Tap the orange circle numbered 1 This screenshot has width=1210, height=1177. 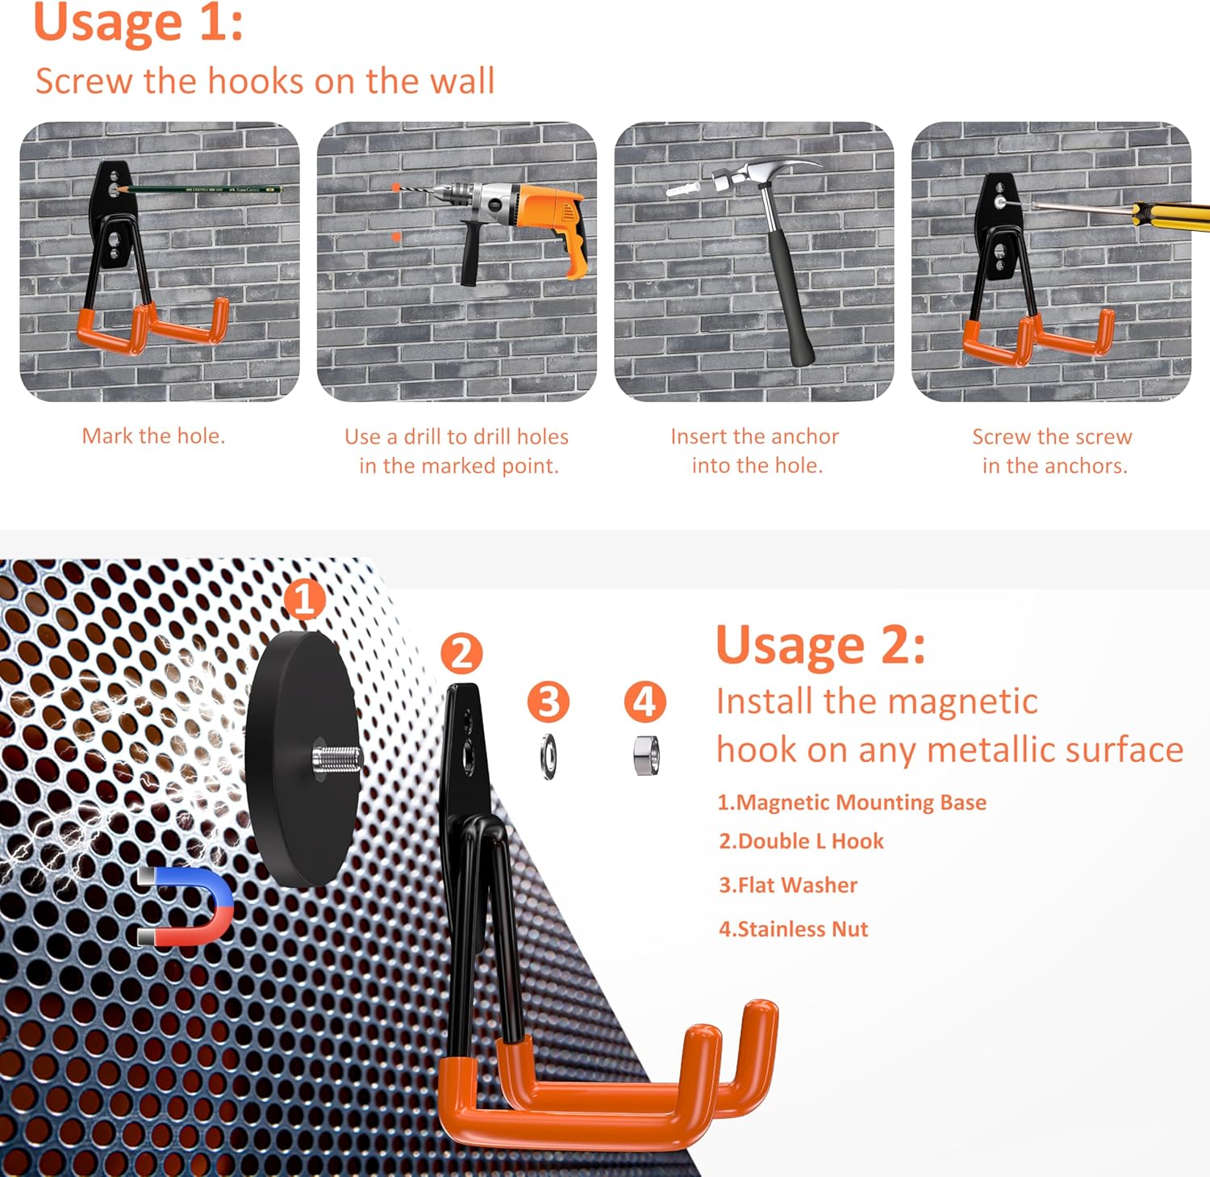(304, 599)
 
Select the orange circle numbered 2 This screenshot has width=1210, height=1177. (461, 653)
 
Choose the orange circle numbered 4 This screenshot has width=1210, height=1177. (645, 701)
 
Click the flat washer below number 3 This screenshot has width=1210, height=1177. (549, 756)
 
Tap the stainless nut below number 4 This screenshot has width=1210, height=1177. (646, 756)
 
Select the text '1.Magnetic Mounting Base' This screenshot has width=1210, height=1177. (852, 802)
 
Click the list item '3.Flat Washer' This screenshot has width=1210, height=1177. (788, 885)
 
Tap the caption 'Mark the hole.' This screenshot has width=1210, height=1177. (153, 436)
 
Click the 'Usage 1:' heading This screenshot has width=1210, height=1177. (138, 22)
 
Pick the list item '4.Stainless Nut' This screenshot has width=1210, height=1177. (794, 928)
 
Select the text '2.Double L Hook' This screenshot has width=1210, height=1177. (801, 841)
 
